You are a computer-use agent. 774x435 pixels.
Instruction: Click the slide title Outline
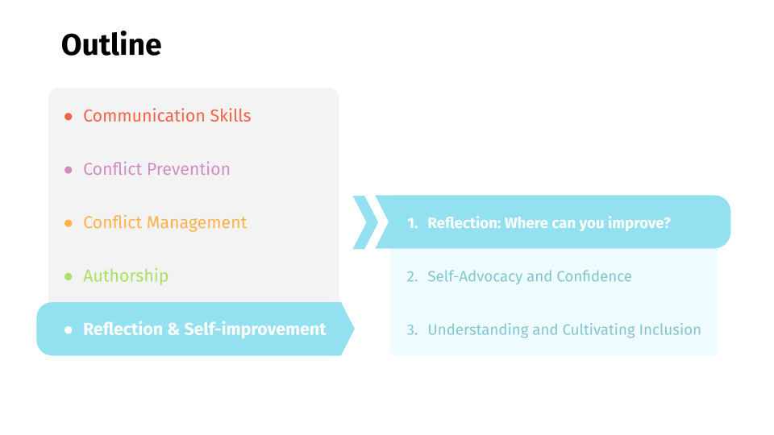tap(111, 44)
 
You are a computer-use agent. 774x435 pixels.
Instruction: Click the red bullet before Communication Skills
tap(69, 116)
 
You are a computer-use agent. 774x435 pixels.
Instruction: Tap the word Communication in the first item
tap(144, 115)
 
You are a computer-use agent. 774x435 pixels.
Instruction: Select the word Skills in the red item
tap(231, 115)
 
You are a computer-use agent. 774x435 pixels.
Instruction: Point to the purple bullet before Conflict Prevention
tap(69, 170)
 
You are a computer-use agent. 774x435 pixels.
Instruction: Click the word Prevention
tap(189, 169)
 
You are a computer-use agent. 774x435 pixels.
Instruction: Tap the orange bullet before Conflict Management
tap(69, 223)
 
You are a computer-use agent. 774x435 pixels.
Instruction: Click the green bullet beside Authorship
tap(69, 276)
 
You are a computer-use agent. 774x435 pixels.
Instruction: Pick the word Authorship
tap(126, 275)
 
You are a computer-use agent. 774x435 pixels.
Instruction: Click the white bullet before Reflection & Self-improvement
tap(69, 330)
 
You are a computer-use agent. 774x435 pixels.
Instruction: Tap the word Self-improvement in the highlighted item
tap(255, 329)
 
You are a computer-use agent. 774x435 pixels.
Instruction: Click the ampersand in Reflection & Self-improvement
tap(173, 329)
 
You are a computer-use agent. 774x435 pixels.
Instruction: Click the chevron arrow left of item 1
tap(365, 222)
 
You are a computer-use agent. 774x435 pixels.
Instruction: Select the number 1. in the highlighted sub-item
tap(413, 223)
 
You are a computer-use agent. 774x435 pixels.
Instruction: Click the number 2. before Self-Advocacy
tap(412, 276)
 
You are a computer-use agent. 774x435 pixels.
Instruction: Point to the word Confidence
tap(594, 276)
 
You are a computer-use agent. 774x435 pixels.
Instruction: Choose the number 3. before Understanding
tap(412, 330)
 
